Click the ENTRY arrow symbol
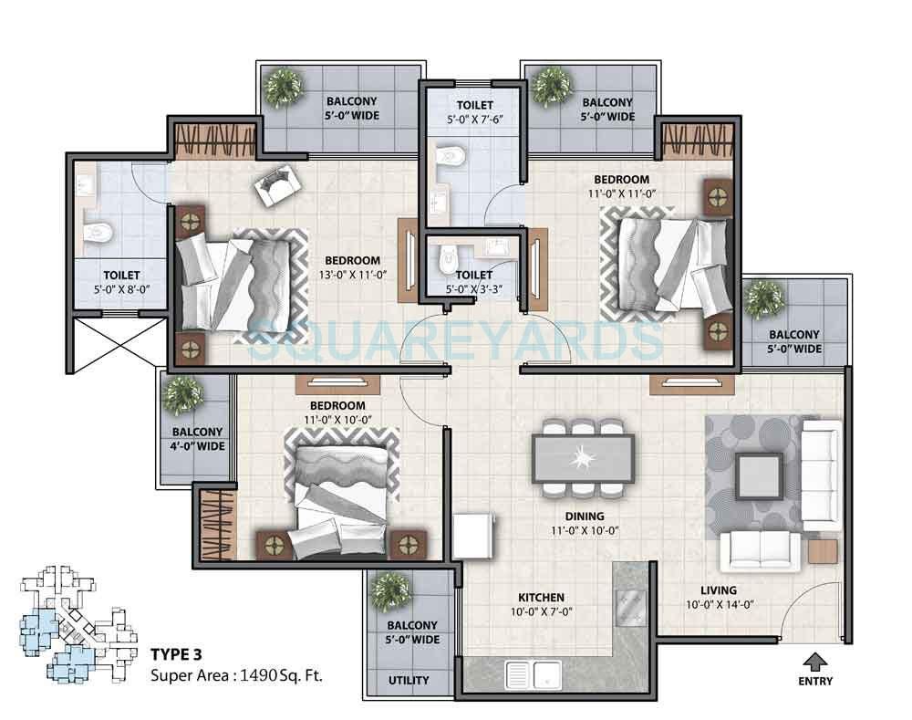pos(814,659)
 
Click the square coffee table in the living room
pos(759,475)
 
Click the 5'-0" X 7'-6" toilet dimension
pos(476,120)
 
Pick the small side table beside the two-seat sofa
pos(822,553)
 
